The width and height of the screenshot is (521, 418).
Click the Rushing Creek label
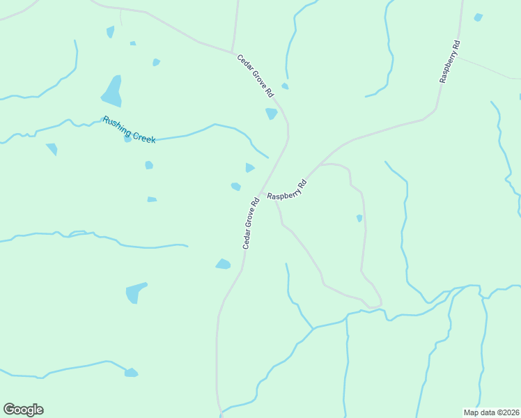[x=129, y=130]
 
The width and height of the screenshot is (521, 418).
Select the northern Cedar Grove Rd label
[x=255, y=75]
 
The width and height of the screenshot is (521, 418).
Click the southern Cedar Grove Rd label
[x=251, y=224]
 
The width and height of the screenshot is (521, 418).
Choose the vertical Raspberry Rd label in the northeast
[x=449, y=62]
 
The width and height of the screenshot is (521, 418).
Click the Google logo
[x=23, y=410]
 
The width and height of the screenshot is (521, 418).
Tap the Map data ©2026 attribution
[x=490, y=412]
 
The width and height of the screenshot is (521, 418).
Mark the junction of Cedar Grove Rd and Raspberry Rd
[x=261, y=194]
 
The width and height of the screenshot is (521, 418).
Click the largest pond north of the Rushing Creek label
[x=112, y=91]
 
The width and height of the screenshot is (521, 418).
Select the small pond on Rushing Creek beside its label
[x=127, y=138]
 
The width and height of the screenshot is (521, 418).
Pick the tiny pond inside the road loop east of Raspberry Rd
[x=359, y=218]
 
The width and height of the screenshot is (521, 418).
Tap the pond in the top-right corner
[x=478, y=17]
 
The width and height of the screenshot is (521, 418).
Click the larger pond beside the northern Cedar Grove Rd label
[x=271, y=113]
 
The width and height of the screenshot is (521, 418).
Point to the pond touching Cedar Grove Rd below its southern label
[x=223, y=264]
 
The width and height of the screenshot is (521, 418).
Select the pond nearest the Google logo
[x=131, y=373]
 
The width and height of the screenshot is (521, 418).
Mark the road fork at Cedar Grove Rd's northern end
[x=233, y=52]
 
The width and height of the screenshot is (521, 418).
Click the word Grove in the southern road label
[x=251, y=224]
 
